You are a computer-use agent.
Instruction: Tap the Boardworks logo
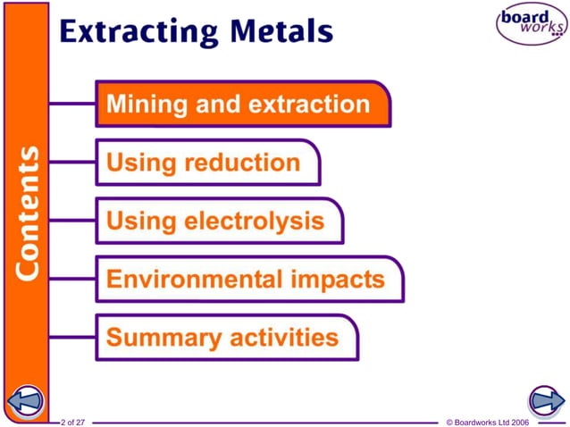tap(531, 25)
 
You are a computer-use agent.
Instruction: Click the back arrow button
tap(25, 401)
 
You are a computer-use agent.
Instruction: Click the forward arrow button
tap(544, 400)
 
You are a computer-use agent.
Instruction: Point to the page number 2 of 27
tap(73, 421)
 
